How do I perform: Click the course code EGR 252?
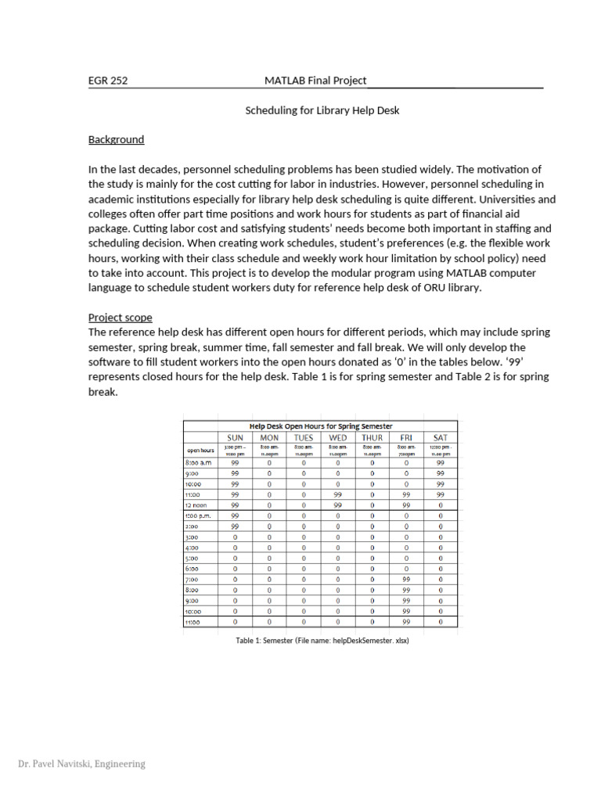(107, 81)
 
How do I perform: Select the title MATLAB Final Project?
(315, 81)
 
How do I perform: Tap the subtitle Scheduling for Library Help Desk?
(322, 110)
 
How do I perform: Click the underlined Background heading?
(116, 140)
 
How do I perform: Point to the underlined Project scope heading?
(120, 318)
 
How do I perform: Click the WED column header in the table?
(337, 437)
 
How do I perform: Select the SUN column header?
(235, 437)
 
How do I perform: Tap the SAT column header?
(441, 437)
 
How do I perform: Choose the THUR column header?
(372, 437)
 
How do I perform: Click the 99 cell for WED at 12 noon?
(337, 505)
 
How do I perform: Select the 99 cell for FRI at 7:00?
(406, 580)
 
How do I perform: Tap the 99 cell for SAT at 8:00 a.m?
(441, 463)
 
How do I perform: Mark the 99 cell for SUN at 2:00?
(235, 526)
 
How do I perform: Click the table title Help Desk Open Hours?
(321, 426)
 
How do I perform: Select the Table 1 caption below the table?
(322, 640)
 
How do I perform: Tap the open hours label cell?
(201, 450)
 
